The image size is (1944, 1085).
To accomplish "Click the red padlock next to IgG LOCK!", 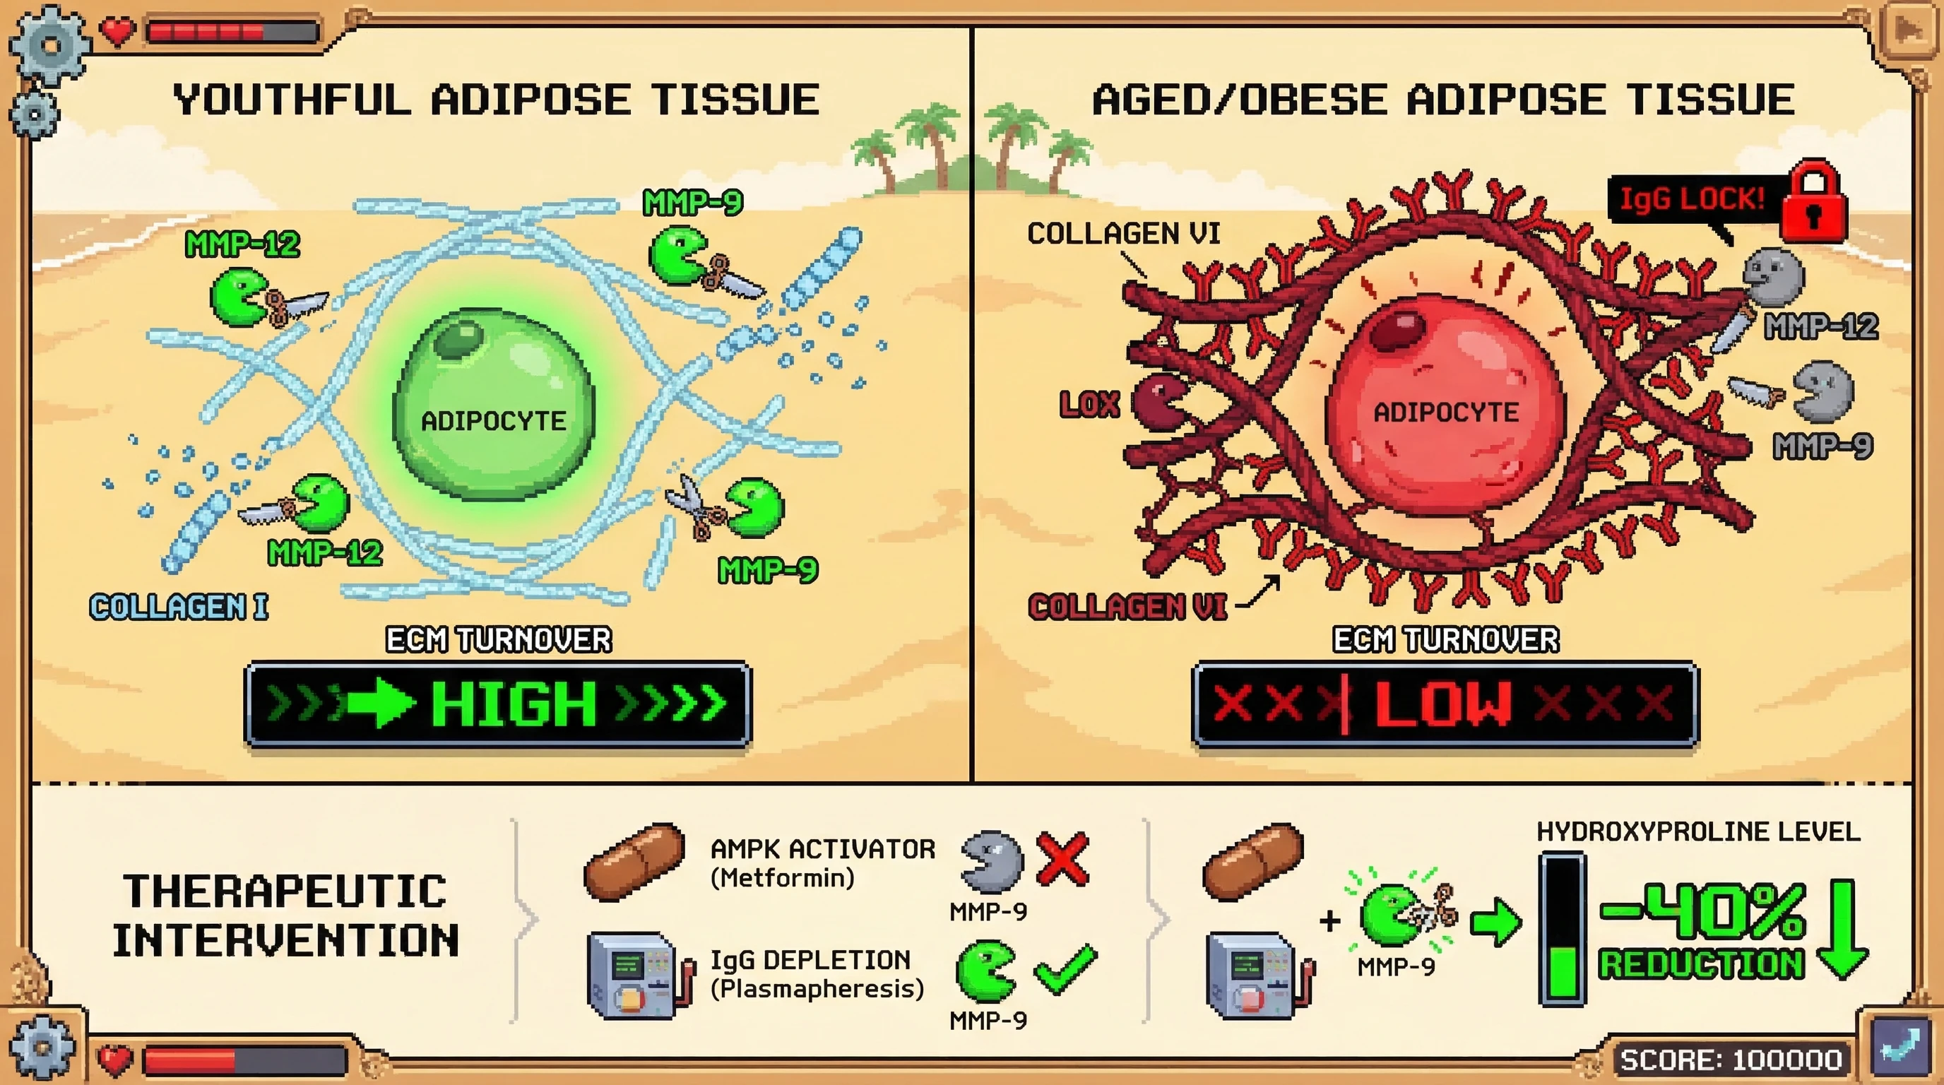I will pyautogui.click(x=1813, y=201).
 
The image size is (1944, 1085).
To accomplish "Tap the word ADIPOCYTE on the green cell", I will pyautogui.click(x=494, y=421).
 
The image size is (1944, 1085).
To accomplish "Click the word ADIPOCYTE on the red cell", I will pyautogui.click(x=1445, y=413).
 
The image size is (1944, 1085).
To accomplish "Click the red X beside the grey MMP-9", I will pyautogui.click(x=1062, y=859).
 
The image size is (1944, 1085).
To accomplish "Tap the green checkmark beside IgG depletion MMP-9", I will pyautogui.click(x=1065, y=969).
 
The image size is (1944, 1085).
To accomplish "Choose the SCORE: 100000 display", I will pyautogui.click(x=1731, y=1060).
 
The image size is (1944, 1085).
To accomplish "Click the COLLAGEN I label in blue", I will pyautogui.click(x=179, y=607).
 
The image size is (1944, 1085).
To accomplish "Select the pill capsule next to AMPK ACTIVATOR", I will pyautogui.click(x=634, y=861).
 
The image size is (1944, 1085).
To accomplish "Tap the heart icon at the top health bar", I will pyautogui.click(x=117, y=31).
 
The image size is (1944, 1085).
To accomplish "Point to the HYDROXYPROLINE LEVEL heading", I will pyautogui.click(x=1698, y=831).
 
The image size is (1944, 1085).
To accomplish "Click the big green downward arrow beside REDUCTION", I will pyautogui.click(x=1842, y=930).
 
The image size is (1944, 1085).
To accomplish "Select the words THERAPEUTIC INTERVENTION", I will pyautogui.click(x=285, y=915).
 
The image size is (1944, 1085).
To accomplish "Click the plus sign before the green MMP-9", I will pyautogui.click(x=1329, y=920).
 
